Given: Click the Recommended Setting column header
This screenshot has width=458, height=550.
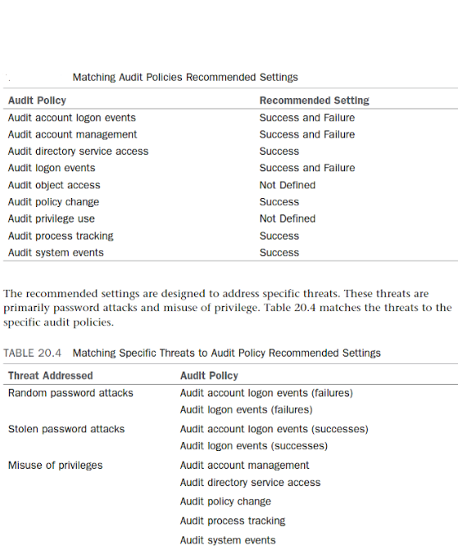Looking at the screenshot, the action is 314,101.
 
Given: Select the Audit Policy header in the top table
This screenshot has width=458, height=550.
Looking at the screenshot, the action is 37,101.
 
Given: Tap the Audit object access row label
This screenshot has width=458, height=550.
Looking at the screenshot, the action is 54,185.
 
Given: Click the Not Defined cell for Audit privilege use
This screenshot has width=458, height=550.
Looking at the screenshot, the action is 287,219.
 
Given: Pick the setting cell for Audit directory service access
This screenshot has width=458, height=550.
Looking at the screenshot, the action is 279,151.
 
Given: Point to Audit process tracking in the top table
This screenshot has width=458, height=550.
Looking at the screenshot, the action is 61,236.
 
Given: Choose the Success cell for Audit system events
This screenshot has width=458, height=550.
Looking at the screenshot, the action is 279,253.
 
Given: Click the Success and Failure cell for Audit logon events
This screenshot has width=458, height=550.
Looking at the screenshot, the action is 307,168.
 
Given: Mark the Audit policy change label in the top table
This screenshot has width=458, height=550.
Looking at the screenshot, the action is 53,202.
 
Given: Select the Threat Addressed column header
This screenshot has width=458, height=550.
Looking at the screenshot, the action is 50,376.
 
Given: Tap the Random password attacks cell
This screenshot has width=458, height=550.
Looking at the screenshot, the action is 70,393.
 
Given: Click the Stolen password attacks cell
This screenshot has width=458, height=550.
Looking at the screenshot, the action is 68,429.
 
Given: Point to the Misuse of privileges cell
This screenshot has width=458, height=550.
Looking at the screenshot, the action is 55,465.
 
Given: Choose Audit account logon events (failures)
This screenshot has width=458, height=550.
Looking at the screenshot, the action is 266,393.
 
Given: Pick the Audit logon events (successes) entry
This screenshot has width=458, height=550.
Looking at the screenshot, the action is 253,446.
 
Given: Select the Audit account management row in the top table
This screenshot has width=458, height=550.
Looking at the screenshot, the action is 72,134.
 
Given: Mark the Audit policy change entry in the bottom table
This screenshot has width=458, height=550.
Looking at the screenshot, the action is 225,501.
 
